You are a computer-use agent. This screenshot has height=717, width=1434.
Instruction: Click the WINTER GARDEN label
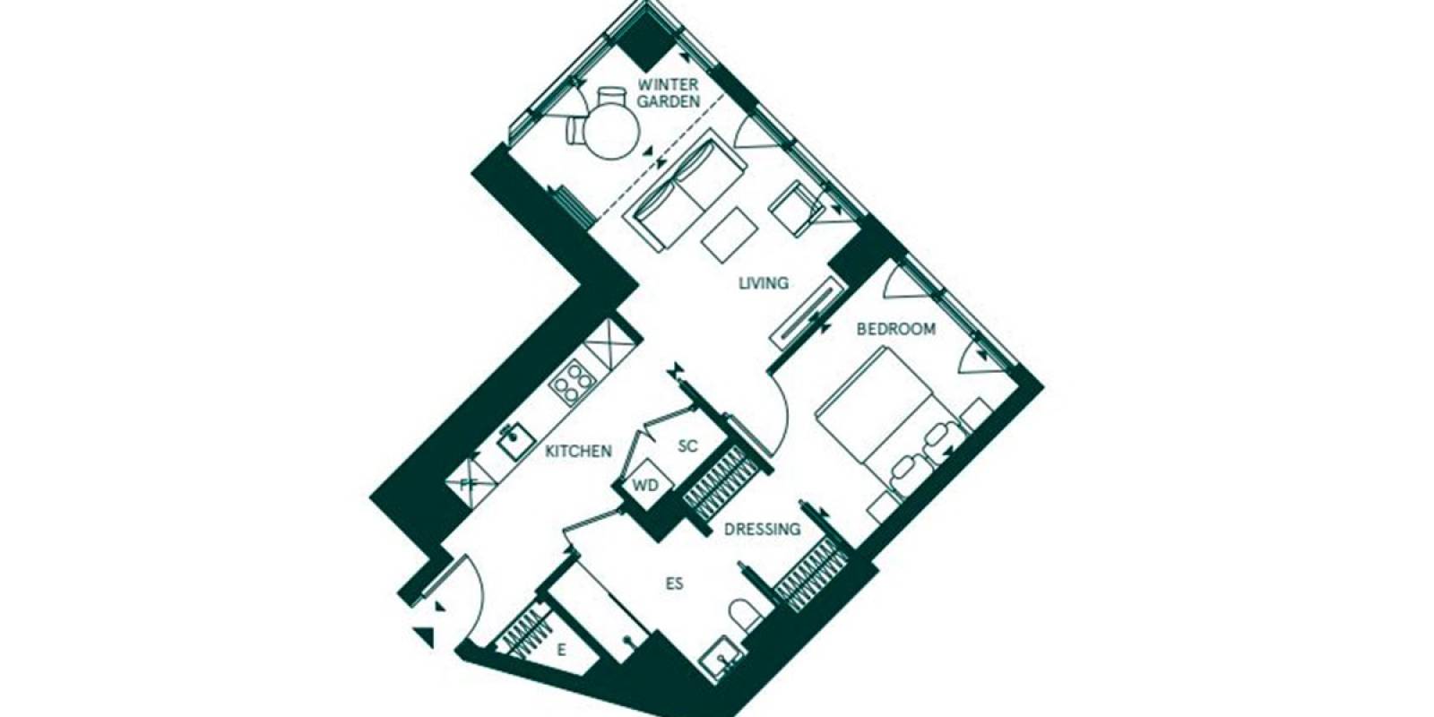(x=668, y=93)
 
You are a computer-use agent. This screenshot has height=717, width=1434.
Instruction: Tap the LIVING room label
(x=763, y=283)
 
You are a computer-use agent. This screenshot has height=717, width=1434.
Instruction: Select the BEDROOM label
(x=895, y=329)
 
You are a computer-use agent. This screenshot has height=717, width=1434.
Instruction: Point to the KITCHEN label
(x=578, y=452)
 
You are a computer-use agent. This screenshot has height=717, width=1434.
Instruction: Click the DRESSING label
(x=762, y=530)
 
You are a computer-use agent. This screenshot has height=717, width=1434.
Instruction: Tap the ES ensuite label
(x=674, y=583)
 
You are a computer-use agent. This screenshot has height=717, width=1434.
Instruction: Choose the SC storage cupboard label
(x=687, y=446)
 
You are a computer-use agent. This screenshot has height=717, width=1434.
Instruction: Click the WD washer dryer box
(x=645, y=485)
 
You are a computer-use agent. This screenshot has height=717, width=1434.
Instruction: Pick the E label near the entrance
(x=561, y=651)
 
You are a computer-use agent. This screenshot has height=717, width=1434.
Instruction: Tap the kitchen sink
(x=516, y=440)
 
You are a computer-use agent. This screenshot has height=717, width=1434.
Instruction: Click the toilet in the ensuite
(x=745, y=615)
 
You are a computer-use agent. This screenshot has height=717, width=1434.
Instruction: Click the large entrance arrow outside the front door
(x=425, y=637)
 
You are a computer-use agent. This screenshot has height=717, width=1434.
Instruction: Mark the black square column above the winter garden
(x=646, y=44)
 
